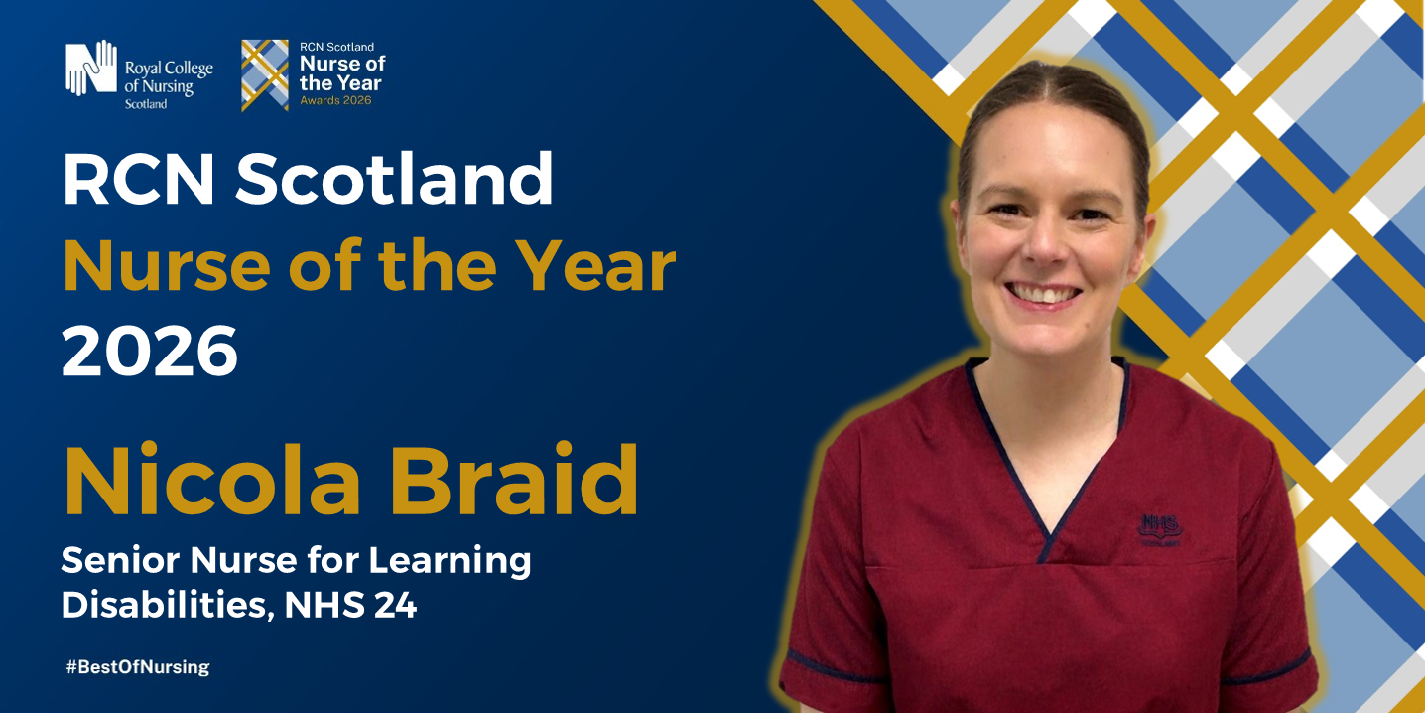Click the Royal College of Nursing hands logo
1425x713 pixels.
click(x=91, y=69)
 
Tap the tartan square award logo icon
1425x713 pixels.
click(x=265, y=75)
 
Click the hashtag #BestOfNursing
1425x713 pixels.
click(x=137, y=667)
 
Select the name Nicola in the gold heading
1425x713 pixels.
click(x=211, y=480)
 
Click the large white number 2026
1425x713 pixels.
click(x=150, y=351)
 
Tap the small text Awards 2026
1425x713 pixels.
click(x=335, y=100)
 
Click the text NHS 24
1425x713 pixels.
click(x=350, y=605)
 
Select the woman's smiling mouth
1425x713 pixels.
click(x=1043, y=294)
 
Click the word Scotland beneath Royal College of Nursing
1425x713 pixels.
click(x=146, y=104)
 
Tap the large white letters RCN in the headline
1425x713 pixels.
click(x=138, y=179)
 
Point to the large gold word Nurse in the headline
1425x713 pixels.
click(x=167, y=266)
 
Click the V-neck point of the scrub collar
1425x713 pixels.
click(x=1045, y=555)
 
